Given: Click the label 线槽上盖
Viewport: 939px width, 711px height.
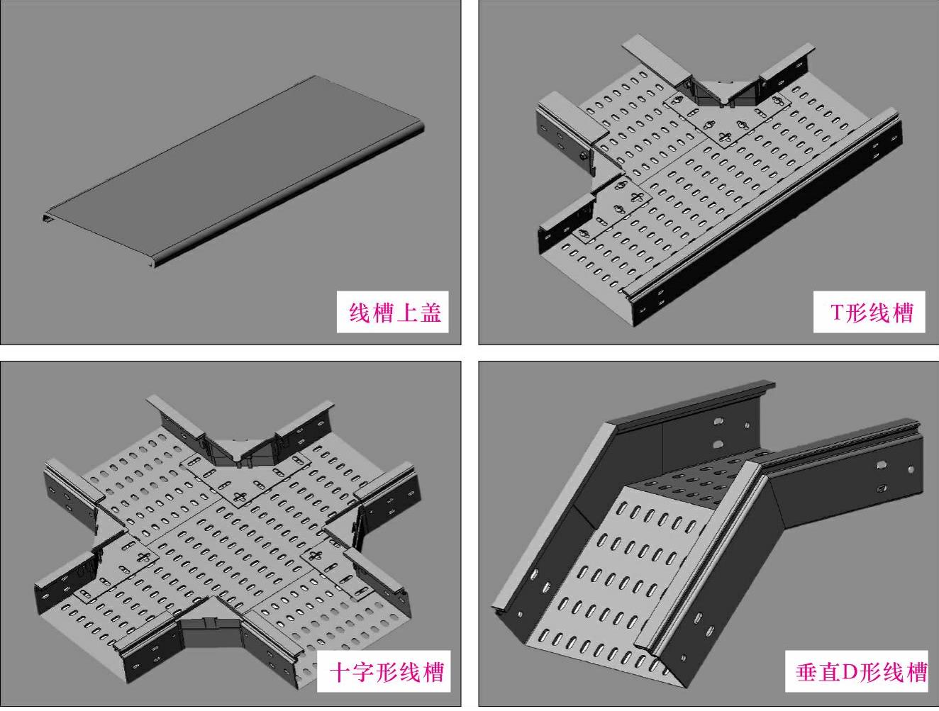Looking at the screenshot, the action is point(395,312).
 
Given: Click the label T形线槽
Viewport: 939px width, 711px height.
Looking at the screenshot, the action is point(872,312).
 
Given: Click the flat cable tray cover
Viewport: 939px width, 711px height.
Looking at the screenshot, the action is point(234,170).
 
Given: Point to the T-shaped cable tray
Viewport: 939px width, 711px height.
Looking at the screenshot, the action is point(709,191).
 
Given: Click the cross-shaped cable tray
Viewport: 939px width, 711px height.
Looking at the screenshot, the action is point(227,539).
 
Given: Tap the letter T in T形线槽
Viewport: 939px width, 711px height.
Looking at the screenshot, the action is point(837,312).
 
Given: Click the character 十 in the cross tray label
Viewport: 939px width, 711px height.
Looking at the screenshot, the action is point(341,671).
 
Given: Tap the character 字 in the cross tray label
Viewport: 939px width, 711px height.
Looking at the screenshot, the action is point(366,671).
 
